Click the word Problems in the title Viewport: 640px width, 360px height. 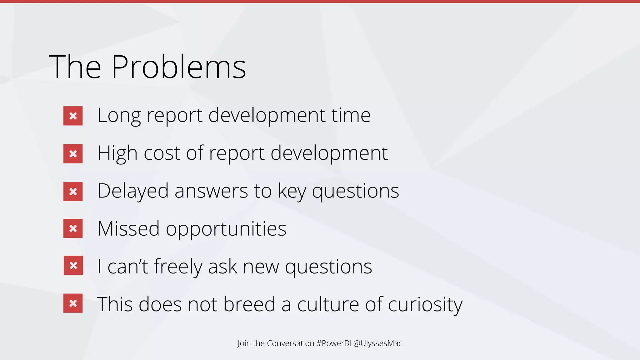coord(178,67)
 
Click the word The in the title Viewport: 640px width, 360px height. coord(75,67)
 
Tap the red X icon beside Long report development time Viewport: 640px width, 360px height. coord(73,116)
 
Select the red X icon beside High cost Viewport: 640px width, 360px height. coord(73,154)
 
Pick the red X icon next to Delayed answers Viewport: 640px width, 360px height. coord(73,192)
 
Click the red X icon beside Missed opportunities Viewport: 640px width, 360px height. coord(73,228)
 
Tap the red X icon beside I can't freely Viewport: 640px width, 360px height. coord(73,265)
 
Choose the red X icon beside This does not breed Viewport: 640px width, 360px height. coord(73,303)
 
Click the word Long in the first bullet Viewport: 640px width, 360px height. coord(119,116)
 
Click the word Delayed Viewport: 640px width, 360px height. coord(133,191)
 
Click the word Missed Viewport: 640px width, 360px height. coord(128,228)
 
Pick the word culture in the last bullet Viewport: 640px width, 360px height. coord(328,304)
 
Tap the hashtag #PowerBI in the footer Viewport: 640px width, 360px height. coord(333,343)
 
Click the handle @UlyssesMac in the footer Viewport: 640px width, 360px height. coord(377,343)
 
